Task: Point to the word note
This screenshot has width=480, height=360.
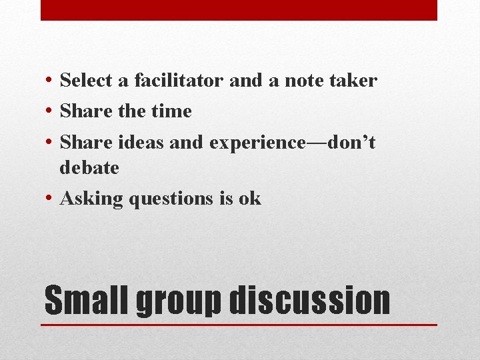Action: pos(303,81)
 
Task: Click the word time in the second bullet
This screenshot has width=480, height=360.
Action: pos(171,111)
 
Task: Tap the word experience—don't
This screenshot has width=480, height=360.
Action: pos(292,142)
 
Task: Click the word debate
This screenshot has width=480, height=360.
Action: pos(89,167)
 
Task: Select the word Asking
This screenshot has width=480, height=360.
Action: pos(91,199)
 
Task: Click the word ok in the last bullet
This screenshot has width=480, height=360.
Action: pos(249,199)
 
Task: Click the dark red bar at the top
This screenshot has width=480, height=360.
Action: pos(239,10)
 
